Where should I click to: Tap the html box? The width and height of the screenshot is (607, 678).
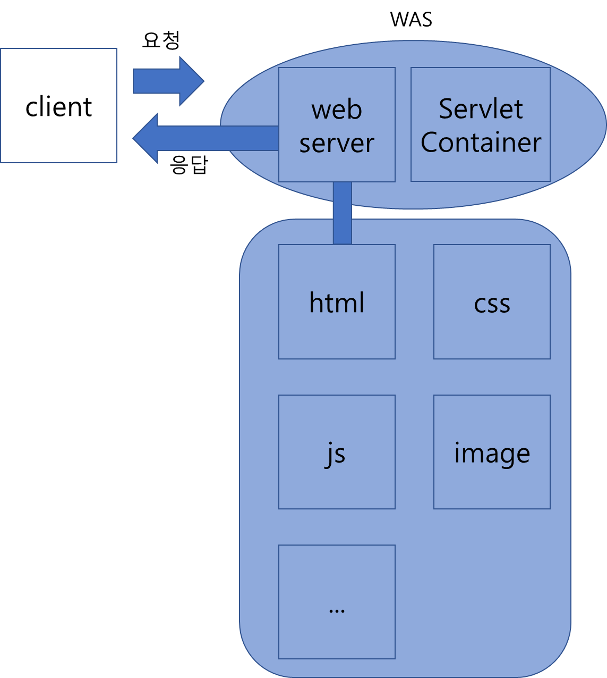coord(337,335)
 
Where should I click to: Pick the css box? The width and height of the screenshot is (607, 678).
coord(492,335)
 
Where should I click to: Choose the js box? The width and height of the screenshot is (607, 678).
coord(337,484)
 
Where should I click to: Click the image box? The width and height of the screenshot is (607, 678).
coord(492,484)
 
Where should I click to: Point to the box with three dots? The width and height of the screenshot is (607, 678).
coord(337,633)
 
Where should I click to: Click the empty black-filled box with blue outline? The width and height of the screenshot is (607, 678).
coord(58,105)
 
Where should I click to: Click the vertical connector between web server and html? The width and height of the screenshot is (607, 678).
coord(343,213)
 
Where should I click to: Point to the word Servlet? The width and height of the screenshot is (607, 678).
coord(481,109)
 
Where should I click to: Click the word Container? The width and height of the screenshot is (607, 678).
coord(481,143)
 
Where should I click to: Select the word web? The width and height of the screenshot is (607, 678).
coord(337,110)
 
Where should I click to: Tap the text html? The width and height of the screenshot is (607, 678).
coord(337,303)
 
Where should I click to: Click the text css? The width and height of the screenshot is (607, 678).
coord(492,304)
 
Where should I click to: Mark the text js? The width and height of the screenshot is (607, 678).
coord(335,454)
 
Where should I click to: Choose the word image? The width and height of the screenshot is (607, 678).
coord(492,454)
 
